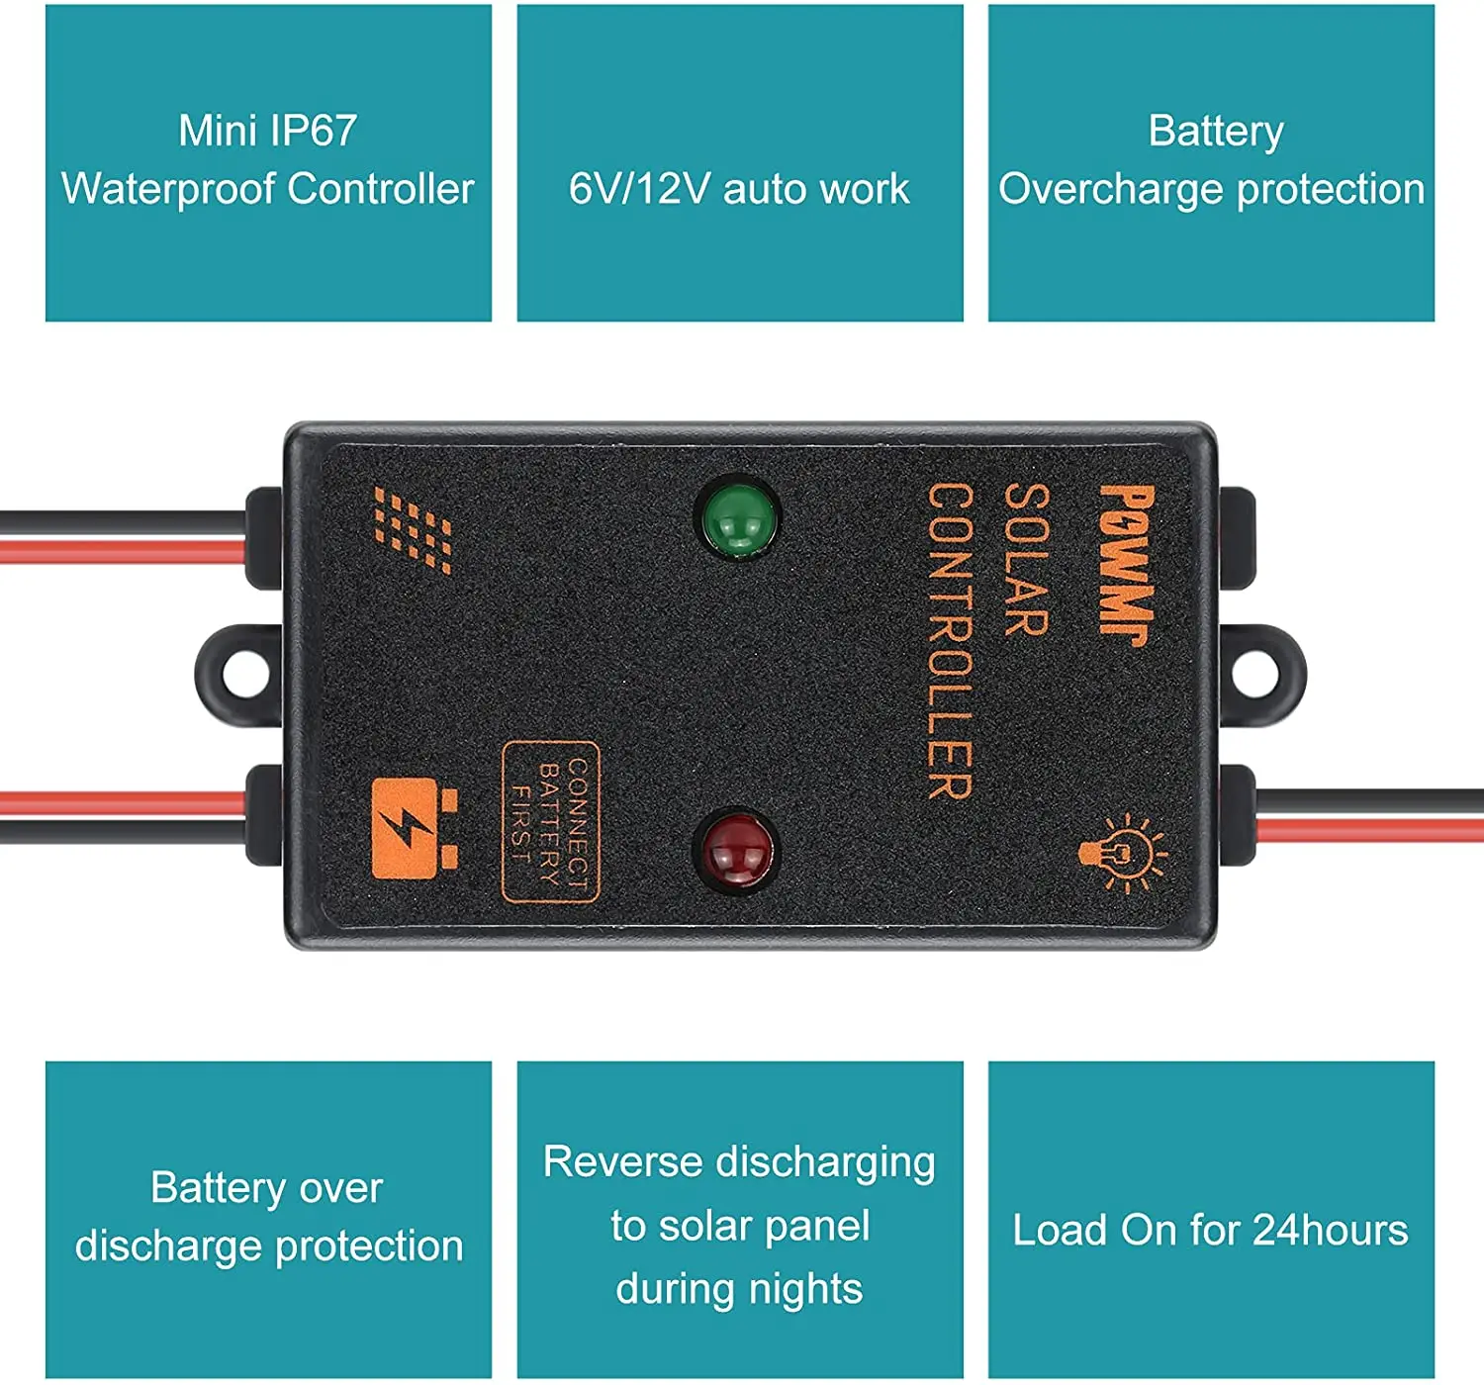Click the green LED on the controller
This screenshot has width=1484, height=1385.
738,517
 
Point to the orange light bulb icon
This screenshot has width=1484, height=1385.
1123,852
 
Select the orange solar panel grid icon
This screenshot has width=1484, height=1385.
414,529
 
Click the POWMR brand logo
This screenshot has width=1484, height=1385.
1127,564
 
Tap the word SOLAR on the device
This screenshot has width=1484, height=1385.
1027,559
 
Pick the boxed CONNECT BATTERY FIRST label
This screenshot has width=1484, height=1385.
551,822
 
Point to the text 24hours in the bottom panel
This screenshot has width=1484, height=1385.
1330,1230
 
